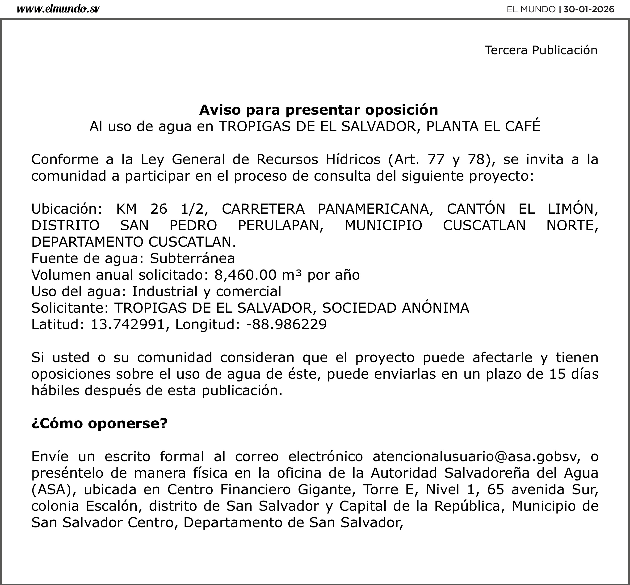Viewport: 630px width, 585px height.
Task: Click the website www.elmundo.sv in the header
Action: point(58,9)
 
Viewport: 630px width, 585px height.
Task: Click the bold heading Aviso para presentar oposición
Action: point(318,110)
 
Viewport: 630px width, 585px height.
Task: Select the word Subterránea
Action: point(192,258)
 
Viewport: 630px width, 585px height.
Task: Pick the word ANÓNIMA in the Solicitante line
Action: point(436,308)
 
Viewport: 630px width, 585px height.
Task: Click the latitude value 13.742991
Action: point(128,324)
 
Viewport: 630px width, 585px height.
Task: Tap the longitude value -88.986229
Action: point(286,324)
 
